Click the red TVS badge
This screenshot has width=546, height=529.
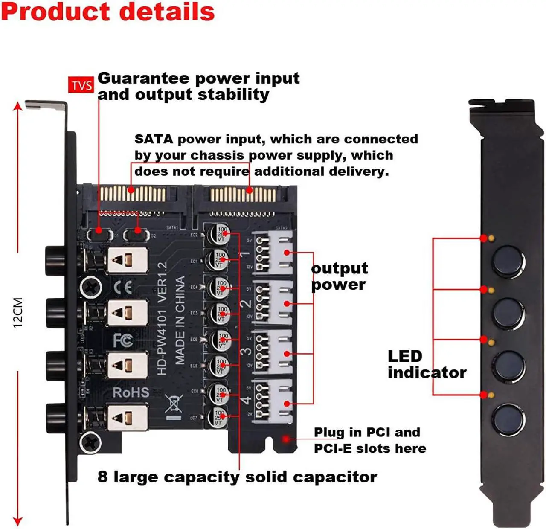point(81,85)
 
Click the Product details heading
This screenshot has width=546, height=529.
point(108,12)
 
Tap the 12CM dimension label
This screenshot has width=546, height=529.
point(18,312)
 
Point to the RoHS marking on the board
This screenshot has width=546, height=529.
point(131,392)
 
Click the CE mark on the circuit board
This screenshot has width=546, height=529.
point(123,288)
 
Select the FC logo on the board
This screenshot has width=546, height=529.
point(123,340)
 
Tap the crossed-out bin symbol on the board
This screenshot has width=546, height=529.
point(174,404)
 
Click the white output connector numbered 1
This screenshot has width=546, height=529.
point(273,253)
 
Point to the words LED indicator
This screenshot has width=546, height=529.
point(427,364)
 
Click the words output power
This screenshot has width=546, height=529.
point(339,276)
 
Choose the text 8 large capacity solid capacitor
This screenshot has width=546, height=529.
point(237,477)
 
